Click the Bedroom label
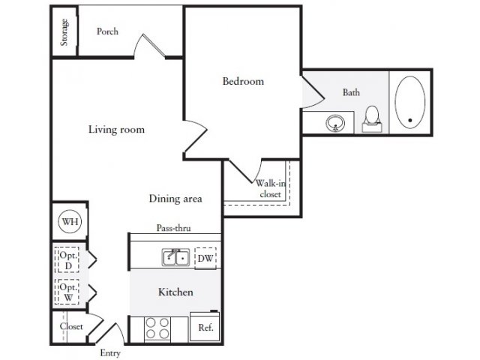click(243, 82)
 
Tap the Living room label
click(116, 130)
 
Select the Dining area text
click(175, 199)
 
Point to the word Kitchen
click(175, 292)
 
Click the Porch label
click(107, 31)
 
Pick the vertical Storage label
click(64, 32)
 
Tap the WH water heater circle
click(70, 221)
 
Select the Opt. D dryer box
click(67, 260)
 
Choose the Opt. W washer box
click(67, 292)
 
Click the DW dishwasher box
click(205, 259)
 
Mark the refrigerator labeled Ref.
click(205, 326)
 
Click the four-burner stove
click(157, 328)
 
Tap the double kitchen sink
click(175, 257)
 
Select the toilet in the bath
click(372, 119)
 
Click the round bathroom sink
click(335, 123)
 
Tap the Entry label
click(110, 353)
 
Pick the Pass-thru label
click(173, 228)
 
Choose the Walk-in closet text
click(271, 188)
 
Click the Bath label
click(351, 92)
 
